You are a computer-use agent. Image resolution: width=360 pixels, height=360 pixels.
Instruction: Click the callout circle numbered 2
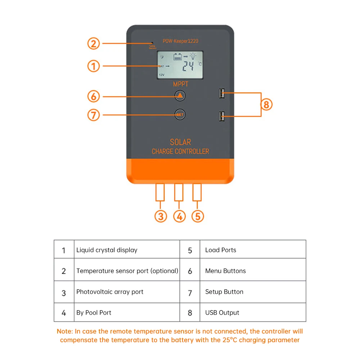click(94, 44)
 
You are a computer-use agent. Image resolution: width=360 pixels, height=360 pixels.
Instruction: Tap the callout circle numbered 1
click(94, 66)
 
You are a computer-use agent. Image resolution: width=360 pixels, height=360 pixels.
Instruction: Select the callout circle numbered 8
click(266, 105)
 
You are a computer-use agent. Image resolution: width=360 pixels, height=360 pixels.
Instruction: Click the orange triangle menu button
click(180, 96)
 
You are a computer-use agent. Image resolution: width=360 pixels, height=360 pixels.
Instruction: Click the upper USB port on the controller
click(221, 94)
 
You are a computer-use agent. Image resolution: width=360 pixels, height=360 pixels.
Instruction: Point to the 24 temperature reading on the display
click(188, 66)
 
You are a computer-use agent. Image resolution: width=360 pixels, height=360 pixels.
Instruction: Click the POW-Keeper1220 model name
click(180, 41)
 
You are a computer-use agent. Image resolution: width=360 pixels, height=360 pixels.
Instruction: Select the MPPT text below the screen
click(180, 84)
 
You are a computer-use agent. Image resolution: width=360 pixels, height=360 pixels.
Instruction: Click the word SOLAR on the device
click(180, 142)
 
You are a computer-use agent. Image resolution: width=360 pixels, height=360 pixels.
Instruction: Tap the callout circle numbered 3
click(161, 216)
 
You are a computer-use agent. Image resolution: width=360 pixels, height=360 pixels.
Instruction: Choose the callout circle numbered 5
click(197, 216)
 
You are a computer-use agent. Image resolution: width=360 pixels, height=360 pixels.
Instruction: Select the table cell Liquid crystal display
click(107, 250)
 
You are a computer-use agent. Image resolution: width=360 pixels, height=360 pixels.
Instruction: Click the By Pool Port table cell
click(94, 312)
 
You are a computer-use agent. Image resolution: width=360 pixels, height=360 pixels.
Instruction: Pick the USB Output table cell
click(222, 312)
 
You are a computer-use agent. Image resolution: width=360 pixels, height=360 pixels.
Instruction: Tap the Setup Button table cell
click(224, 292)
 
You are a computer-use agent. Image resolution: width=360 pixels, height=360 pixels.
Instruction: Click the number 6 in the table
click(190, 271)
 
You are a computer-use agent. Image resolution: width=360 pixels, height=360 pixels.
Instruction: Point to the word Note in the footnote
click(64, 331)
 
